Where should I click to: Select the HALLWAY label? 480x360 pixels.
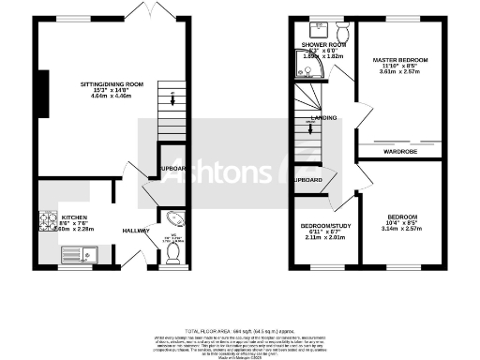click(x=137, y=230)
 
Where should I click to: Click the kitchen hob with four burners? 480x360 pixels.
click(x=48, y=221)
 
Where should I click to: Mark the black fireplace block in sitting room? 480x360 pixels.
click(x=43, y=93)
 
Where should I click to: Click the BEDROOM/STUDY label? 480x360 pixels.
click(x=325, y=226)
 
